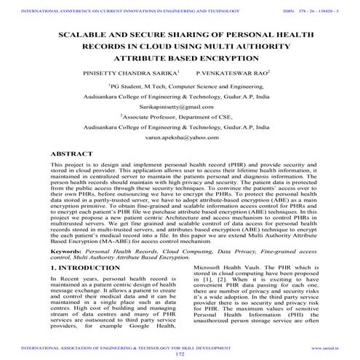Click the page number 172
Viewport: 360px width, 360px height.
[180, 355]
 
